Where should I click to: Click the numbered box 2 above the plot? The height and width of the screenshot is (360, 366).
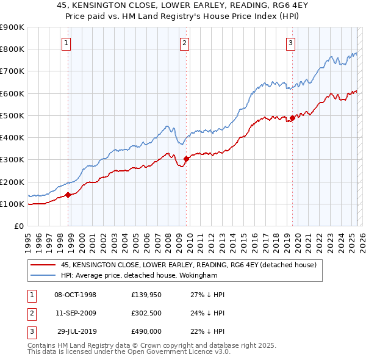(184, 43)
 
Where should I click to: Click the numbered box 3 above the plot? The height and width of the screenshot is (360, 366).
(291, 43)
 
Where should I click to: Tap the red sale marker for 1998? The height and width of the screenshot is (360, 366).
(68, 195)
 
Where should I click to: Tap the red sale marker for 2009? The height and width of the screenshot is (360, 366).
(186, 159)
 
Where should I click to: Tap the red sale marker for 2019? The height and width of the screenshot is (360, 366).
(292, 118)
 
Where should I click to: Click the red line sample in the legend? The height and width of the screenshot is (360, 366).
(43, 265)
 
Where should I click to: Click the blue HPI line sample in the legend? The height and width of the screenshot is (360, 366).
(43, 276)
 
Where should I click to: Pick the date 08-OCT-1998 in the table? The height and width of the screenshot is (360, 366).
(75, 295)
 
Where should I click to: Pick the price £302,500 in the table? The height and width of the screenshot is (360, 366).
(146, 313)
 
